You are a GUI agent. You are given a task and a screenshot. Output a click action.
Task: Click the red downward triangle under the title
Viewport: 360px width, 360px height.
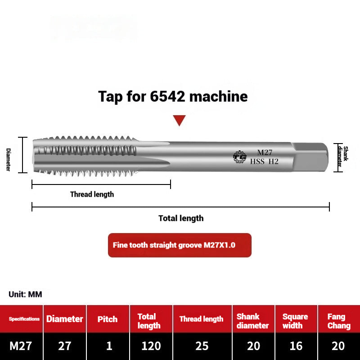pyautogui.click(x=180, y=120)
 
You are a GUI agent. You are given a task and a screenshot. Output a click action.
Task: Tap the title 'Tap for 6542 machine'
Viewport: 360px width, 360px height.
pyautogui.click(x=173, y=96)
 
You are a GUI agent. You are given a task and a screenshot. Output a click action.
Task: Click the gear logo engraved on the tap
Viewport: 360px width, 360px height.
pyautogui.click(x=239, y=157)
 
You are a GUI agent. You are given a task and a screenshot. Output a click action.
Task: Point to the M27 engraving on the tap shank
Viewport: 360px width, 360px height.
pyautogui.click(x=265, y=153)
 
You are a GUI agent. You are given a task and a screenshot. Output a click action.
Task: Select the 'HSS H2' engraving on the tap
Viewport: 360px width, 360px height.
pyautogui.click(x=264, y=162)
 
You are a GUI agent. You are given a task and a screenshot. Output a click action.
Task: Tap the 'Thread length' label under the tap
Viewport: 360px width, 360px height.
pyautogui.click(x=92, y=194)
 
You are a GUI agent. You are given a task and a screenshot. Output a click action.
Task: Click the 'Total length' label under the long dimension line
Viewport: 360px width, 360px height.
pyautogui.click(x=181, y=218)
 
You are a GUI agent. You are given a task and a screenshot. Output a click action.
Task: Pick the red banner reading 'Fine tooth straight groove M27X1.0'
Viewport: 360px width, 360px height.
pyautogui.click(x=180, y=245)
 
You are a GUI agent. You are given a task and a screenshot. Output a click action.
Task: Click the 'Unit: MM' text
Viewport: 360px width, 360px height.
pyautogui.click(x=25, y=294)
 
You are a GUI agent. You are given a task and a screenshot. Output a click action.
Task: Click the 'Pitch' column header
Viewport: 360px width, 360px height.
pyautogui.click(x=108, y=319)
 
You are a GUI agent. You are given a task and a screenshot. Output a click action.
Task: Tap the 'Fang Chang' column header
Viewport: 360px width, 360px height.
pyautogui.click(x=338, y=321)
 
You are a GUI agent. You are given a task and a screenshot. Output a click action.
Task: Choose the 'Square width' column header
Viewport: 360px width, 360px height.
pyautogui.click(x=295, y=321)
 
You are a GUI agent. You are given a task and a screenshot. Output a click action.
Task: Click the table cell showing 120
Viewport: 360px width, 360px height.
pyautogui.click(x=151, y=346)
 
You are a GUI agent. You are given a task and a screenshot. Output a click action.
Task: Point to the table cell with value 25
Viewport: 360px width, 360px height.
pyautogui.click(x=202, y=346)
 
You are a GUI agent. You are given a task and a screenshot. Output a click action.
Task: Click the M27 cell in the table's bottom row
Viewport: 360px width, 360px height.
pyautogui.click(x=21, y=346)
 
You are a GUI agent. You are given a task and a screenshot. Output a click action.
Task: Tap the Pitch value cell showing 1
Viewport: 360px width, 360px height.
pyautogui.click(x=108, y=346)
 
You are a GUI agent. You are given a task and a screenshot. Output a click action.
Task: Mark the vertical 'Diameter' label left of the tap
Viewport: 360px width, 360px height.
pyautogui.click(x=9, y=159)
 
